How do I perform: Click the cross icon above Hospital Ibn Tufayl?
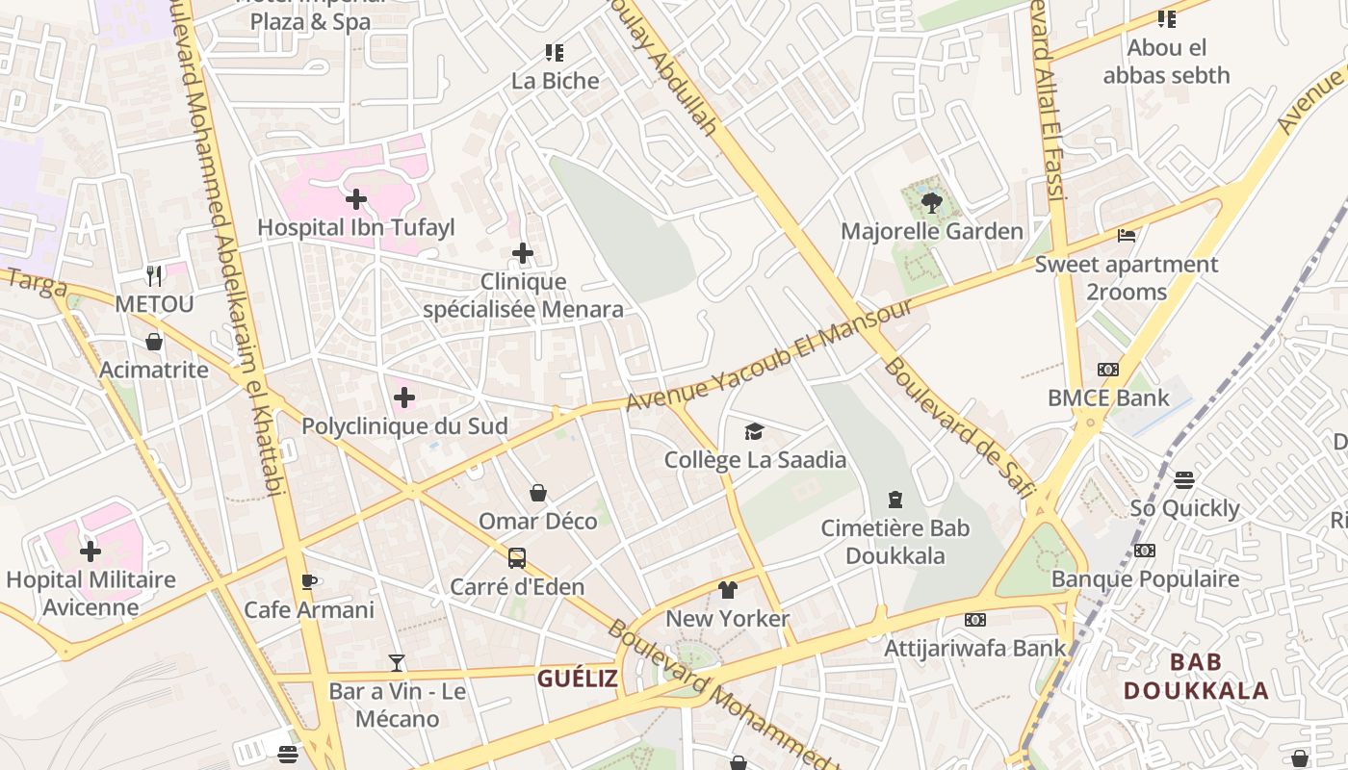click(x=356, y=199)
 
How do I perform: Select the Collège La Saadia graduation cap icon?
click(x=754, y=431)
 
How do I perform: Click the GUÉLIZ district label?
click(x=577, y=679)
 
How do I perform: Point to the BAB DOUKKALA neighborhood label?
click(x=1196, y=676)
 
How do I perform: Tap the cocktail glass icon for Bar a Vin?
click(x=397, y=662)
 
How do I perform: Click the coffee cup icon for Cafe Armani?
click(x=308, y=581)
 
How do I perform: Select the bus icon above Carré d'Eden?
click(x=517, y=558)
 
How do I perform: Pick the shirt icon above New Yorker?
click(x=727, y=590)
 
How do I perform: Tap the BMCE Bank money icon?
click(x=1108, y=370)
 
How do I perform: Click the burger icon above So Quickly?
click(x=1184, y=479)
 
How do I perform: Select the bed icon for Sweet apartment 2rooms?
click(x=1127, y=235)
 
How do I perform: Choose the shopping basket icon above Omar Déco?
click(x=538, y=493)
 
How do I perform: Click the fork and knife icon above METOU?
click(x=154, y=276)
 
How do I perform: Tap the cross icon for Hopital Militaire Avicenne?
click(x=91, y=552)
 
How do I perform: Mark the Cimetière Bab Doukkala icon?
click(x=895, y=500)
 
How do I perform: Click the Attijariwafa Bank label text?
click(x=975, y=648)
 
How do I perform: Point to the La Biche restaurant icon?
click(x=555, y=52)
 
